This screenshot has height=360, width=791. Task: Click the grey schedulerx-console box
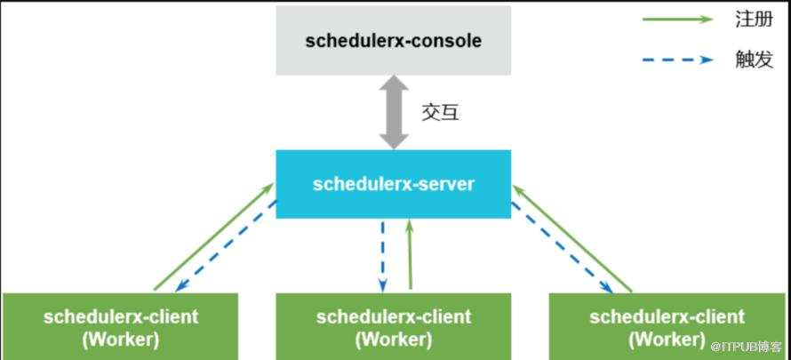coord(394,41)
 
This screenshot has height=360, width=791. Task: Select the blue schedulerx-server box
coord(394,184)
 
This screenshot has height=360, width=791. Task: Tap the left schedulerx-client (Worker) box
coord(121,326)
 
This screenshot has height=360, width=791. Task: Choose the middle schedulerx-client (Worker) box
coord(394,326)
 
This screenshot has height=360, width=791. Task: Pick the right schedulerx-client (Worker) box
coord(667,326)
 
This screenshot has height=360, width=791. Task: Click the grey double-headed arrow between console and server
coord(394,112)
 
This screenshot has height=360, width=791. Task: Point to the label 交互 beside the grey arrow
coord(440,113)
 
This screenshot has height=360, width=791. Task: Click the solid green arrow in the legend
coord(680,19)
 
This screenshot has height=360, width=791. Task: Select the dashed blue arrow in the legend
coord(680,60)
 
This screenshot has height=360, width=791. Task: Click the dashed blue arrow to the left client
coord(227,249)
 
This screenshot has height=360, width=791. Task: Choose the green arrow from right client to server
coord(573,237)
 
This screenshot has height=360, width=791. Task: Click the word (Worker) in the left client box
coord(121,339)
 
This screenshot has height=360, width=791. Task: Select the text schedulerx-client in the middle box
coord(394,316)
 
